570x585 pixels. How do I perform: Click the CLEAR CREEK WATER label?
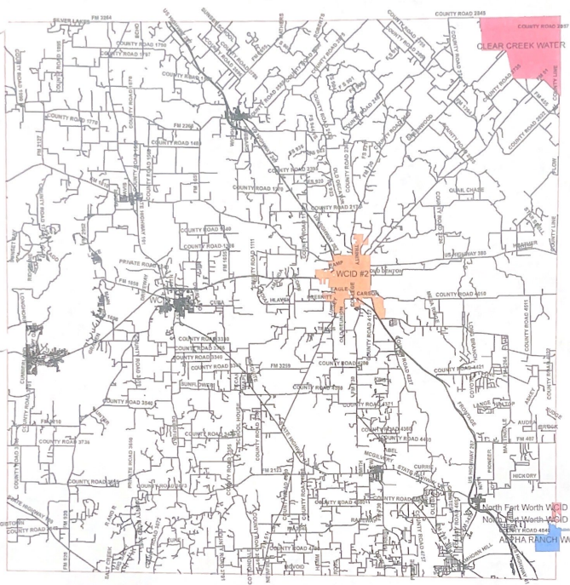coord(521,45)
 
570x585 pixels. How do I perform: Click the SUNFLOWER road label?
coord(196,384)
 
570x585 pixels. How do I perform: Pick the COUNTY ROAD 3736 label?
coord(64,442)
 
